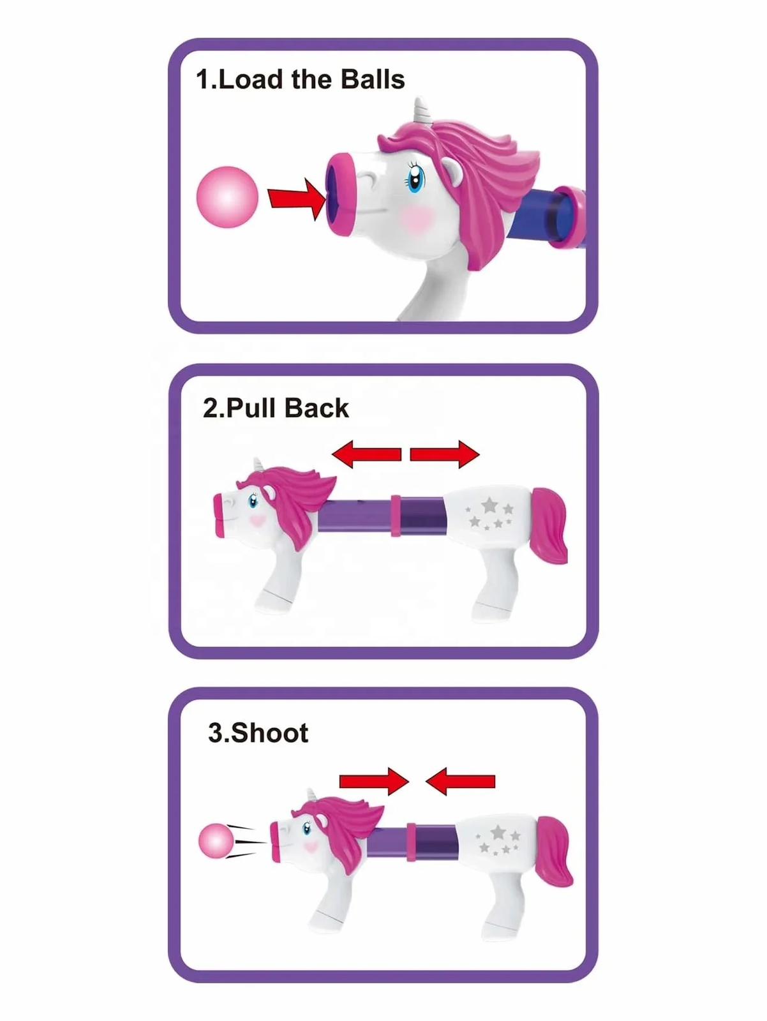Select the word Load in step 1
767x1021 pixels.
pos(249,79)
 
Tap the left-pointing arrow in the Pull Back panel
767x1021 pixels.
pos(366,454)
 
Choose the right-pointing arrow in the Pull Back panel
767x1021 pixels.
pos(445,454)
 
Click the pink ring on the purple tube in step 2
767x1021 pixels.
pos(396,516)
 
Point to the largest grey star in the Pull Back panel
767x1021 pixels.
pos(489,504)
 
